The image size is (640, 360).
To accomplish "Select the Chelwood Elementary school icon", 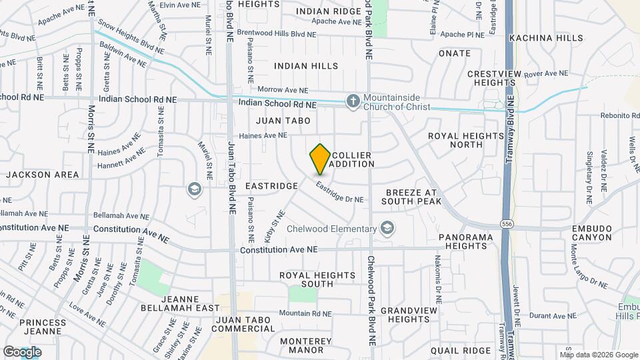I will pos(387,229).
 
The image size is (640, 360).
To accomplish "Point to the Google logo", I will pos(22,351).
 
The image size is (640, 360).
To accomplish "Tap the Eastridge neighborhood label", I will pos(271,186).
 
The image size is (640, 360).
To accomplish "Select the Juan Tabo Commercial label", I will pos(242,324).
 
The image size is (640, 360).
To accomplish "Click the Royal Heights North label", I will pos(465,140).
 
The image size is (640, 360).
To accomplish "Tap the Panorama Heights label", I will pos(466,241).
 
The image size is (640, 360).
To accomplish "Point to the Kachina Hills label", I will pos(546,38).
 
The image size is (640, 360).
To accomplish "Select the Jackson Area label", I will pos(43,175).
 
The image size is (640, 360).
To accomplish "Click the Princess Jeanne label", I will pos(41,327).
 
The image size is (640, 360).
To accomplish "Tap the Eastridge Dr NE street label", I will pos(339,193).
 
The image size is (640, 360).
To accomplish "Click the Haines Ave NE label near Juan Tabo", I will pos(263,135).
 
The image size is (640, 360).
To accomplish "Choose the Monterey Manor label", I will pos(293,345).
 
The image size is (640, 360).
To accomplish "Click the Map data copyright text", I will pos(599,355).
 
